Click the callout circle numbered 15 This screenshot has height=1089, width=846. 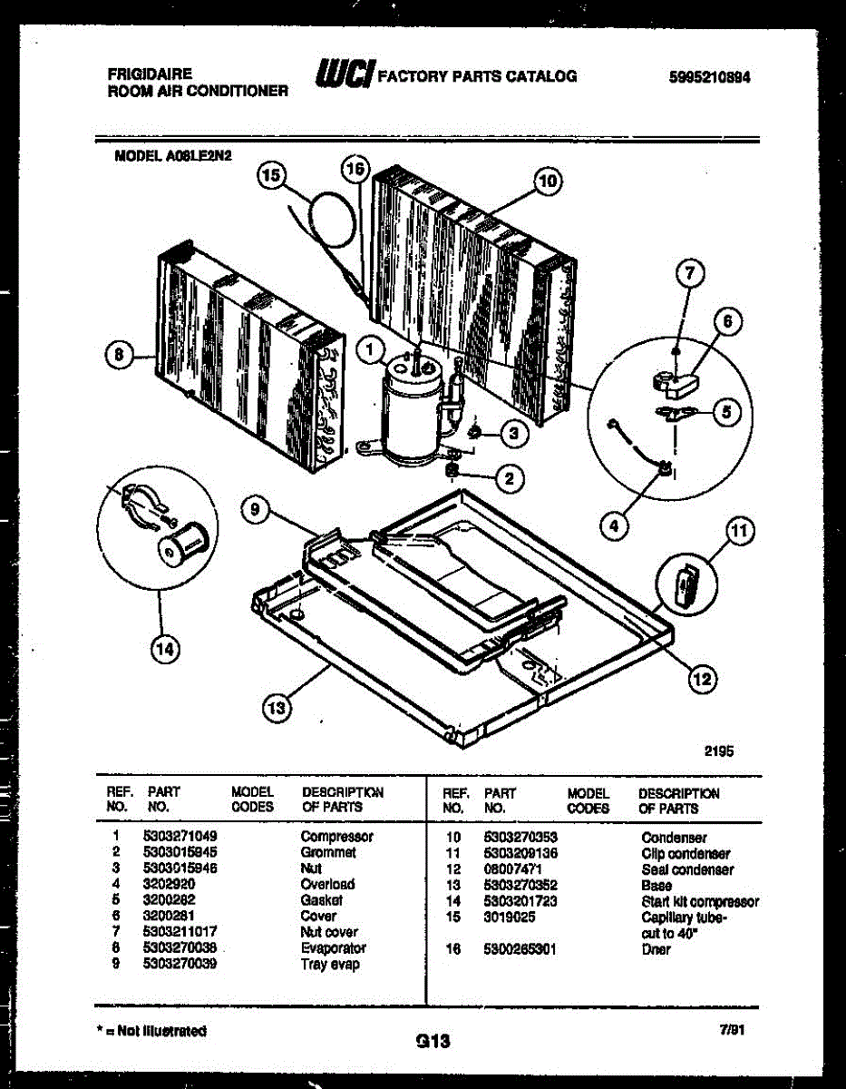click(270, 176)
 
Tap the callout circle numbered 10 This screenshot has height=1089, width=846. click(547, 181)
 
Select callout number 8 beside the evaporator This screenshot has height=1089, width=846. click(118, 356)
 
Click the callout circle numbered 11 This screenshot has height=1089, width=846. click(741, 533)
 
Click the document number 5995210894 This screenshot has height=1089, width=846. click(708, 77)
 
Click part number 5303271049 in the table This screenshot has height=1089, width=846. click(180, 836)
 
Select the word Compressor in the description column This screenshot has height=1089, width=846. click(336, 836)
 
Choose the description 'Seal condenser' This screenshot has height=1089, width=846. click(687, 869)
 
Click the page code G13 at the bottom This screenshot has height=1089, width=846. click(433, 1042)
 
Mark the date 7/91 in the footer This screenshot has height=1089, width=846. click(731, 1032)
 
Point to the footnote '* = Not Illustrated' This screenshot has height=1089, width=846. click(151, 1031)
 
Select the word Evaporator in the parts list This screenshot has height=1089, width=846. click(333, 948)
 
